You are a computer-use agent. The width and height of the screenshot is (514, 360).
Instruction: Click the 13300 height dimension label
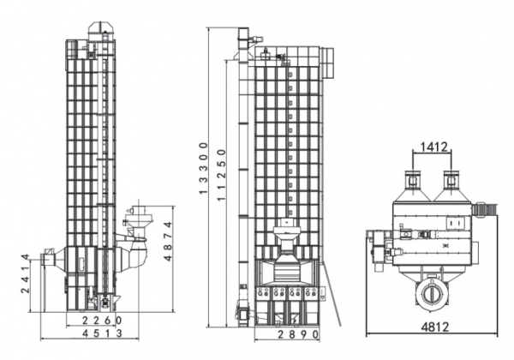coord(204,168)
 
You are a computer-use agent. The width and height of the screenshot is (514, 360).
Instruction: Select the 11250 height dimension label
coord(222,175)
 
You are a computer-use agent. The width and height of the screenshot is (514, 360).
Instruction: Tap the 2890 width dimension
coord(298,334)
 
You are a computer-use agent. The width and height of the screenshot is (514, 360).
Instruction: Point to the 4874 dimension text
coord(168,242)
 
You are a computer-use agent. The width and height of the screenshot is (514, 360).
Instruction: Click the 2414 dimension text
coord(25,273)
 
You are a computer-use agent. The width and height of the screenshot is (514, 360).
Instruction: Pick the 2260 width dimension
coord(102,321)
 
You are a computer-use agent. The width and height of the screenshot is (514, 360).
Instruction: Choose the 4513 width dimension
coord(102,333)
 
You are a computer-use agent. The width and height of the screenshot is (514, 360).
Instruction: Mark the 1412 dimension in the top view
coord(433,147)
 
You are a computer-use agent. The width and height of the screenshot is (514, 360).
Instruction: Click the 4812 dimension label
coord(434,327)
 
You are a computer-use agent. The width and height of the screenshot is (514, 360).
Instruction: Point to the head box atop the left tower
coord(101,31)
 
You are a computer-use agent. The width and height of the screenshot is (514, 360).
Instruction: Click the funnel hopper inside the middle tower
coord(287,241)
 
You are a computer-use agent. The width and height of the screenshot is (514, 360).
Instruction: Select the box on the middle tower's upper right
coord(327,63)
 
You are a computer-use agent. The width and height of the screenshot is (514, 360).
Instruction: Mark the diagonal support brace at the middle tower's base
coord(332,294)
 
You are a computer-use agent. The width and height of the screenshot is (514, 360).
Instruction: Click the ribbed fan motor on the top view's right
coord(484,209)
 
